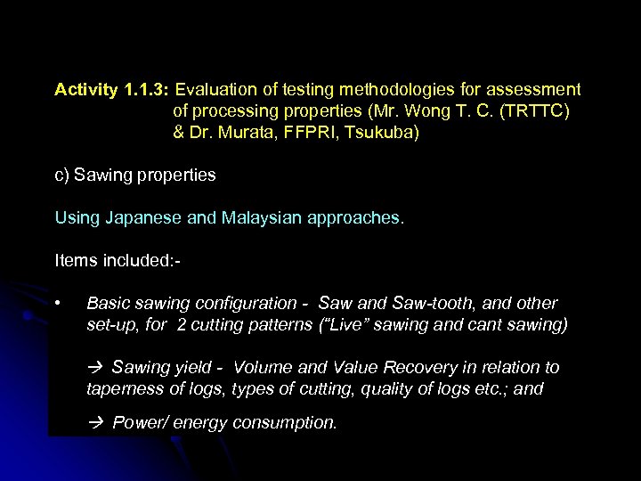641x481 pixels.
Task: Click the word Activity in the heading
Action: pos(86,90)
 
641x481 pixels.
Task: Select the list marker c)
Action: pos(62,175)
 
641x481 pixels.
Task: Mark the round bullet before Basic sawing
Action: pos(58,304)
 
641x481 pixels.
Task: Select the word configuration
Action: pos(251,304)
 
